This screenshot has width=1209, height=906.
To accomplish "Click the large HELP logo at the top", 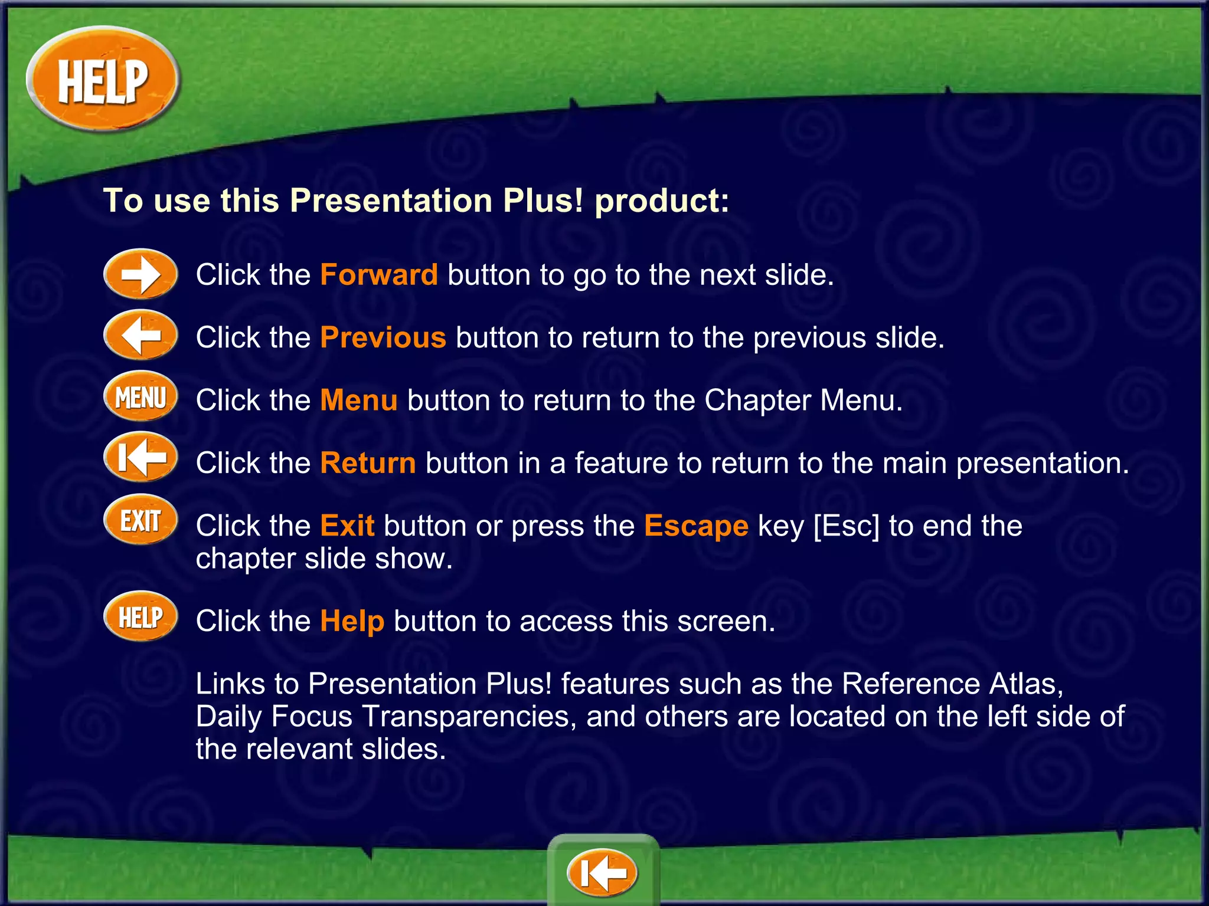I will click(x=103, y=80).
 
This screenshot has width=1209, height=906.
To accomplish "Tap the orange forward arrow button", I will click(x=140, y=274).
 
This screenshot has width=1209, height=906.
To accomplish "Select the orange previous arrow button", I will click(x=140, y=336).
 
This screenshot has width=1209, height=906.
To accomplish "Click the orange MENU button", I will click(x=140, y=397).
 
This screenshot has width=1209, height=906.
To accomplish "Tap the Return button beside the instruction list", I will click(x=140, y=458).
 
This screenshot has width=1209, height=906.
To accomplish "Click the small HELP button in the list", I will click(x=140, y=617).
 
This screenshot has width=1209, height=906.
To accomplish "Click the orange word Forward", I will click(x=379, y=275).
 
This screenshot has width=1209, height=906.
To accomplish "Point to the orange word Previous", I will click(x=383, y=337).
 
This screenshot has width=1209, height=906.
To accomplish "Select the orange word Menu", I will click(x=359, y=400).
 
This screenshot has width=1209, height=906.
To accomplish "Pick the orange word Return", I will click(x=368, y=463).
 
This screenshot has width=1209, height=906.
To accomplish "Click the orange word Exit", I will click(x=347, y=526).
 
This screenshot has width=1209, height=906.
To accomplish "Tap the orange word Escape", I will click(x=696, y=526).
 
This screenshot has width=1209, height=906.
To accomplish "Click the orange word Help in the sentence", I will click(x=352, y=621).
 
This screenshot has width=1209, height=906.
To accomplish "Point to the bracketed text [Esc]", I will click(x=846, y=526).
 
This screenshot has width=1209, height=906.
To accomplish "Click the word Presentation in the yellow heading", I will click(x=391, y=201).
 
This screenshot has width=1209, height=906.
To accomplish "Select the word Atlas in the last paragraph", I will click(x=1026, y=684).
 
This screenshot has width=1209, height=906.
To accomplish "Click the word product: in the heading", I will click(x=662, y=201).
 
